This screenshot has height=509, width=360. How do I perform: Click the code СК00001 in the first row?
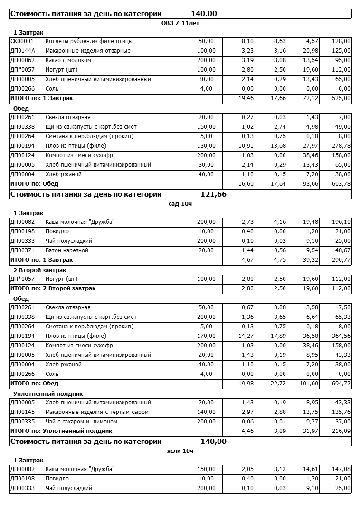pos(22,41)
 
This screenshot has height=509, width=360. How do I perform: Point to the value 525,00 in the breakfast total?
pos(341,98)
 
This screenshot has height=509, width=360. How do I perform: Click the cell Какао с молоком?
pos(68,60)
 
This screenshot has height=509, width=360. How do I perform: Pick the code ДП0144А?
pos(22,51)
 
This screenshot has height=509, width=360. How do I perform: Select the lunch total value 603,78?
pos(341,184)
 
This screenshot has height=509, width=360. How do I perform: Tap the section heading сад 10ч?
pos(180,203)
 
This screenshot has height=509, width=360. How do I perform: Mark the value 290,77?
pos(341,260)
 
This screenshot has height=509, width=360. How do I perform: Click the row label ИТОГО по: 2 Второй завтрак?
pos(53,288)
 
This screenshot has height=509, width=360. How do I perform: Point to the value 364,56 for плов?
pos(341,336)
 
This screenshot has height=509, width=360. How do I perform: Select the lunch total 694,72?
pos(341,384)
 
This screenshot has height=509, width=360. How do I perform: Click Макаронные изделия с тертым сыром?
pos(97,412)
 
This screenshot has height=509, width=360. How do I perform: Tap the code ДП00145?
pos(22,412)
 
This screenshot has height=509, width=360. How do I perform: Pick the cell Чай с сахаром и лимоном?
pos(81,422)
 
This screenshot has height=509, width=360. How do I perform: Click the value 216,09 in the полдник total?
pos(341,431)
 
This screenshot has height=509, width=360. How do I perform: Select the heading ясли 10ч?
pos(180,451)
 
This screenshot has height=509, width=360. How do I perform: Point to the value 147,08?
pos(341,469)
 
